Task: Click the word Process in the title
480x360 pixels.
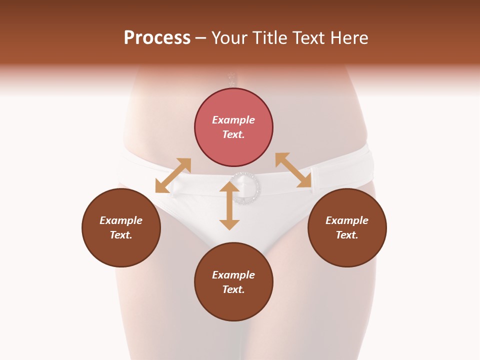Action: click(157, 38)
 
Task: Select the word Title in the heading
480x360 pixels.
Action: click(270, 38)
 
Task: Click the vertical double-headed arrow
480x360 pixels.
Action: click(229, 205)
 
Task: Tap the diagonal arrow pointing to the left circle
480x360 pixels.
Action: click(173, 175)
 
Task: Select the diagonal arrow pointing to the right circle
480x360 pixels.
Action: click(293, 170)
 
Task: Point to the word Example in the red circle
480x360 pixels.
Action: click(233, 120)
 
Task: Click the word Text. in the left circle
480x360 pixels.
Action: click(121, 235)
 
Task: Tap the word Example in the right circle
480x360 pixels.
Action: click(347, 220)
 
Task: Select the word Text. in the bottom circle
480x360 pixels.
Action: click(233, 289)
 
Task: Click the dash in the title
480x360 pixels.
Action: click(200, 38)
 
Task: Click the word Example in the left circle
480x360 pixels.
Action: click(121, 220)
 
